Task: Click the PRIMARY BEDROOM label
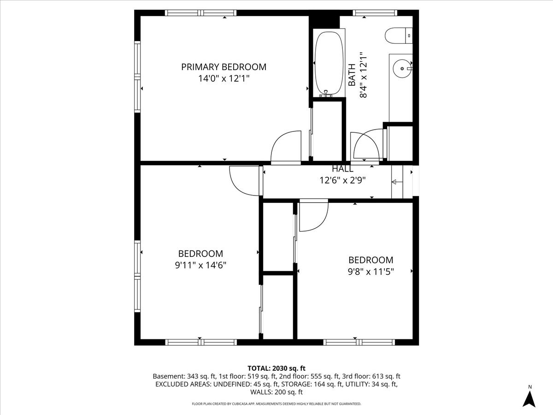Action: click(x=224, y=67)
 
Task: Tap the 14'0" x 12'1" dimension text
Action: click(x=224, y=78)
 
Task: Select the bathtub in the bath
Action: click(x=329, y=63)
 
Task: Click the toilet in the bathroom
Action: click(x=399, y=36)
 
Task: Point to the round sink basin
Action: click(x=402, y=69)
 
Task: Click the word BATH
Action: click(x=352, y=75)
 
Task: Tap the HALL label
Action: click(x=343, y=169)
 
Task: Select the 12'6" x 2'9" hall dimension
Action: click(x=343, y=180)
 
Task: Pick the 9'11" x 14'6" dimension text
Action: click(x=200, y=265)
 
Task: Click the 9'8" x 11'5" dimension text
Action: click(x=371, y=272)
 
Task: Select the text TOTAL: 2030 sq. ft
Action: click(x=276, y=368)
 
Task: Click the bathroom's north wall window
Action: click(x=375, y=13)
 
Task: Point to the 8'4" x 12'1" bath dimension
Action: click(x=363, y=75)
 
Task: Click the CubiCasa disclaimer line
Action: click(x=276, y=403)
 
